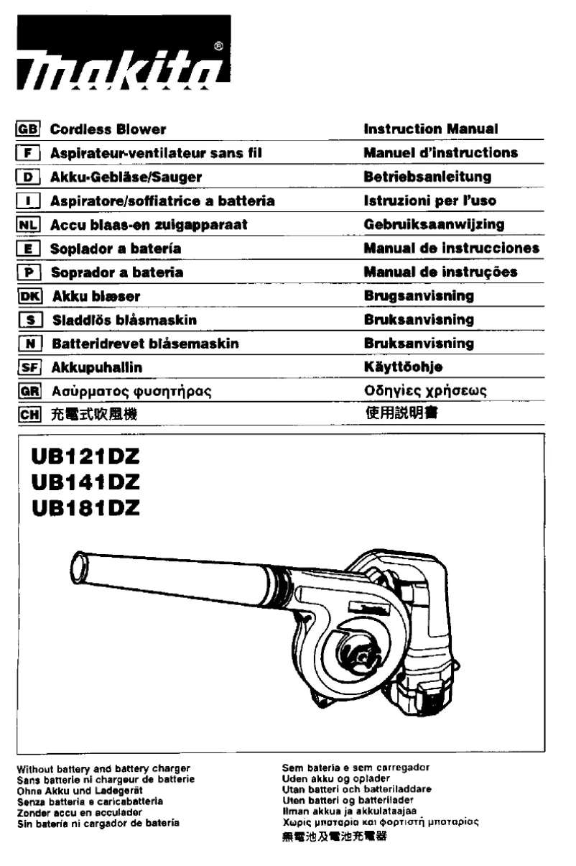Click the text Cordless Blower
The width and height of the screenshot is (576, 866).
(x=108, y=130)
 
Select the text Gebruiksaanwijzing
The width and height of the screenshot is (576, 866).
(x=434, y=225)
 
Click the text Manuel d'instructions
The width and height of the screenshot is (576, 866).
(x=440, y=153)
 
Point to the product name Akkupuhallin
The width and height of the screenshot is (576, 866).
(x=96, y=367)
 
